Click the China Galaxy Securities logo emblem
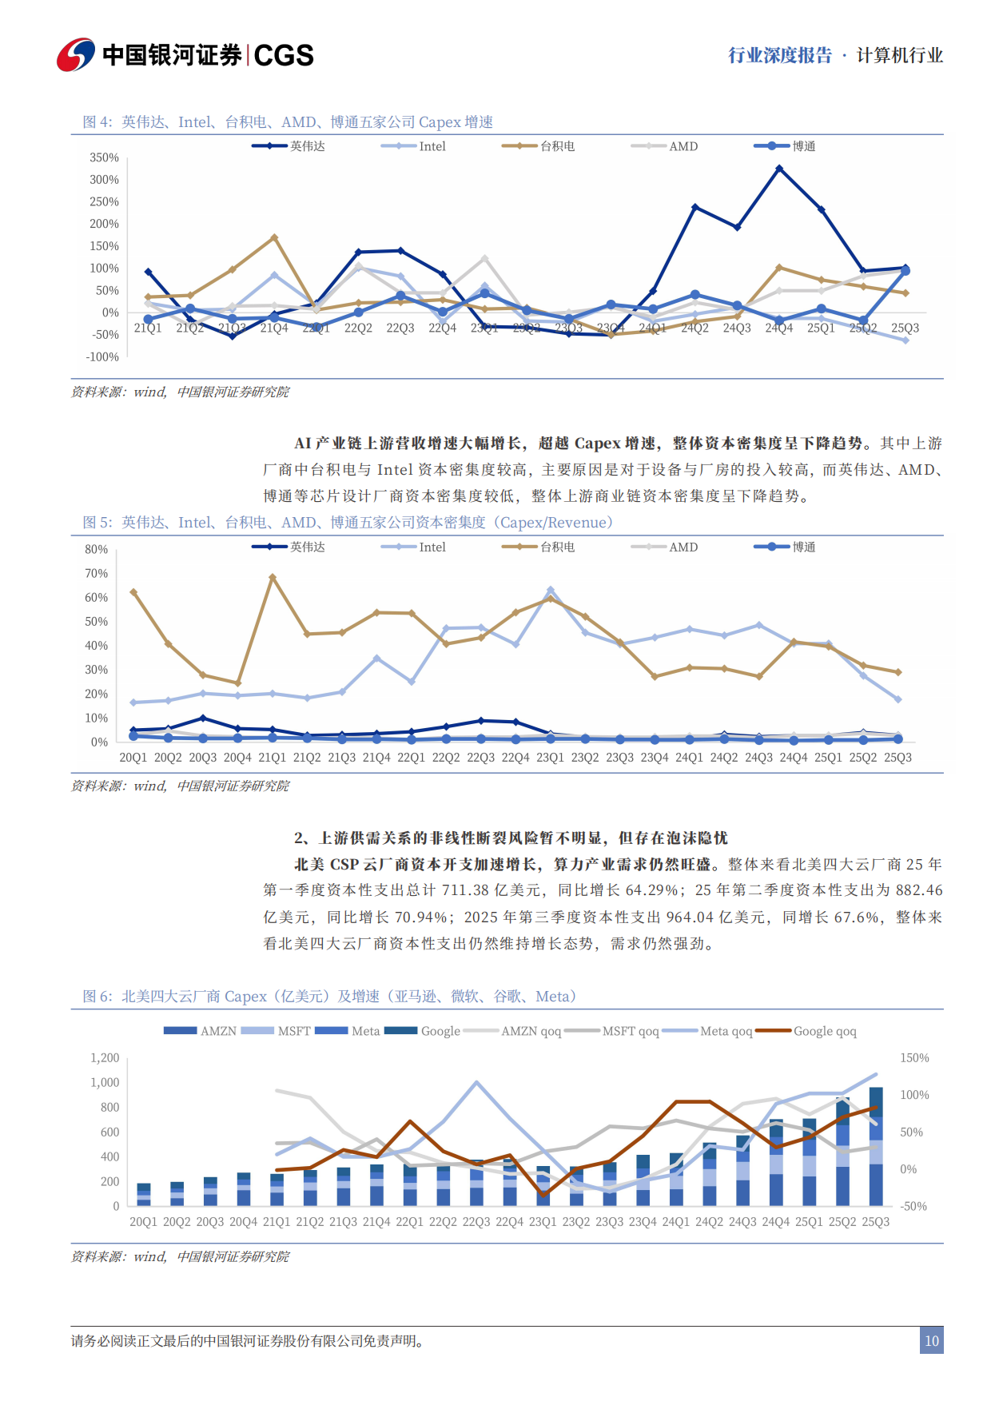[x=76, y=54]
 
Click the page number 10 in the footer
[x=931, y=1341]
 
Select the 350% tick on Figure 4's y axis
[x=104, y=157]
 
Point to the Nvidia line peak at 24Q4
[x=779, y=169]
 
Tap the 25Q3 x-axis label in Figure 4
[x=905, y=328]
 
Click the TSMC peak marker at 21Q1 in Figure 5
[x=273, y=577]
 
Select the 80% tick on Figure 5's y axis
[x=96, y=549]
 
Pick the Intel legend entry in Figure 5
[x=416, y=547]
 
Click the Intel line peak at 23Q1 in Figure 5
[x=550, y=590]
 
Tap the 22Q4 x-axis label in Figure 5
[x=515, y=757]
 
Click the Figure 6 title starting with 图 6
[x=329, y=997]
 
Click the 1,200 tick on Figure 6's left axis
[x=105, y=1057]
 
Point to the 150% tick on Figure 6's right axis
[x=914, y=1057]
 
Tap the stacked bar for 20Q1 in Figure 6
[x=144, y=1195]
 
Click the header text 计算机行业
[x=899, y=55]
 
